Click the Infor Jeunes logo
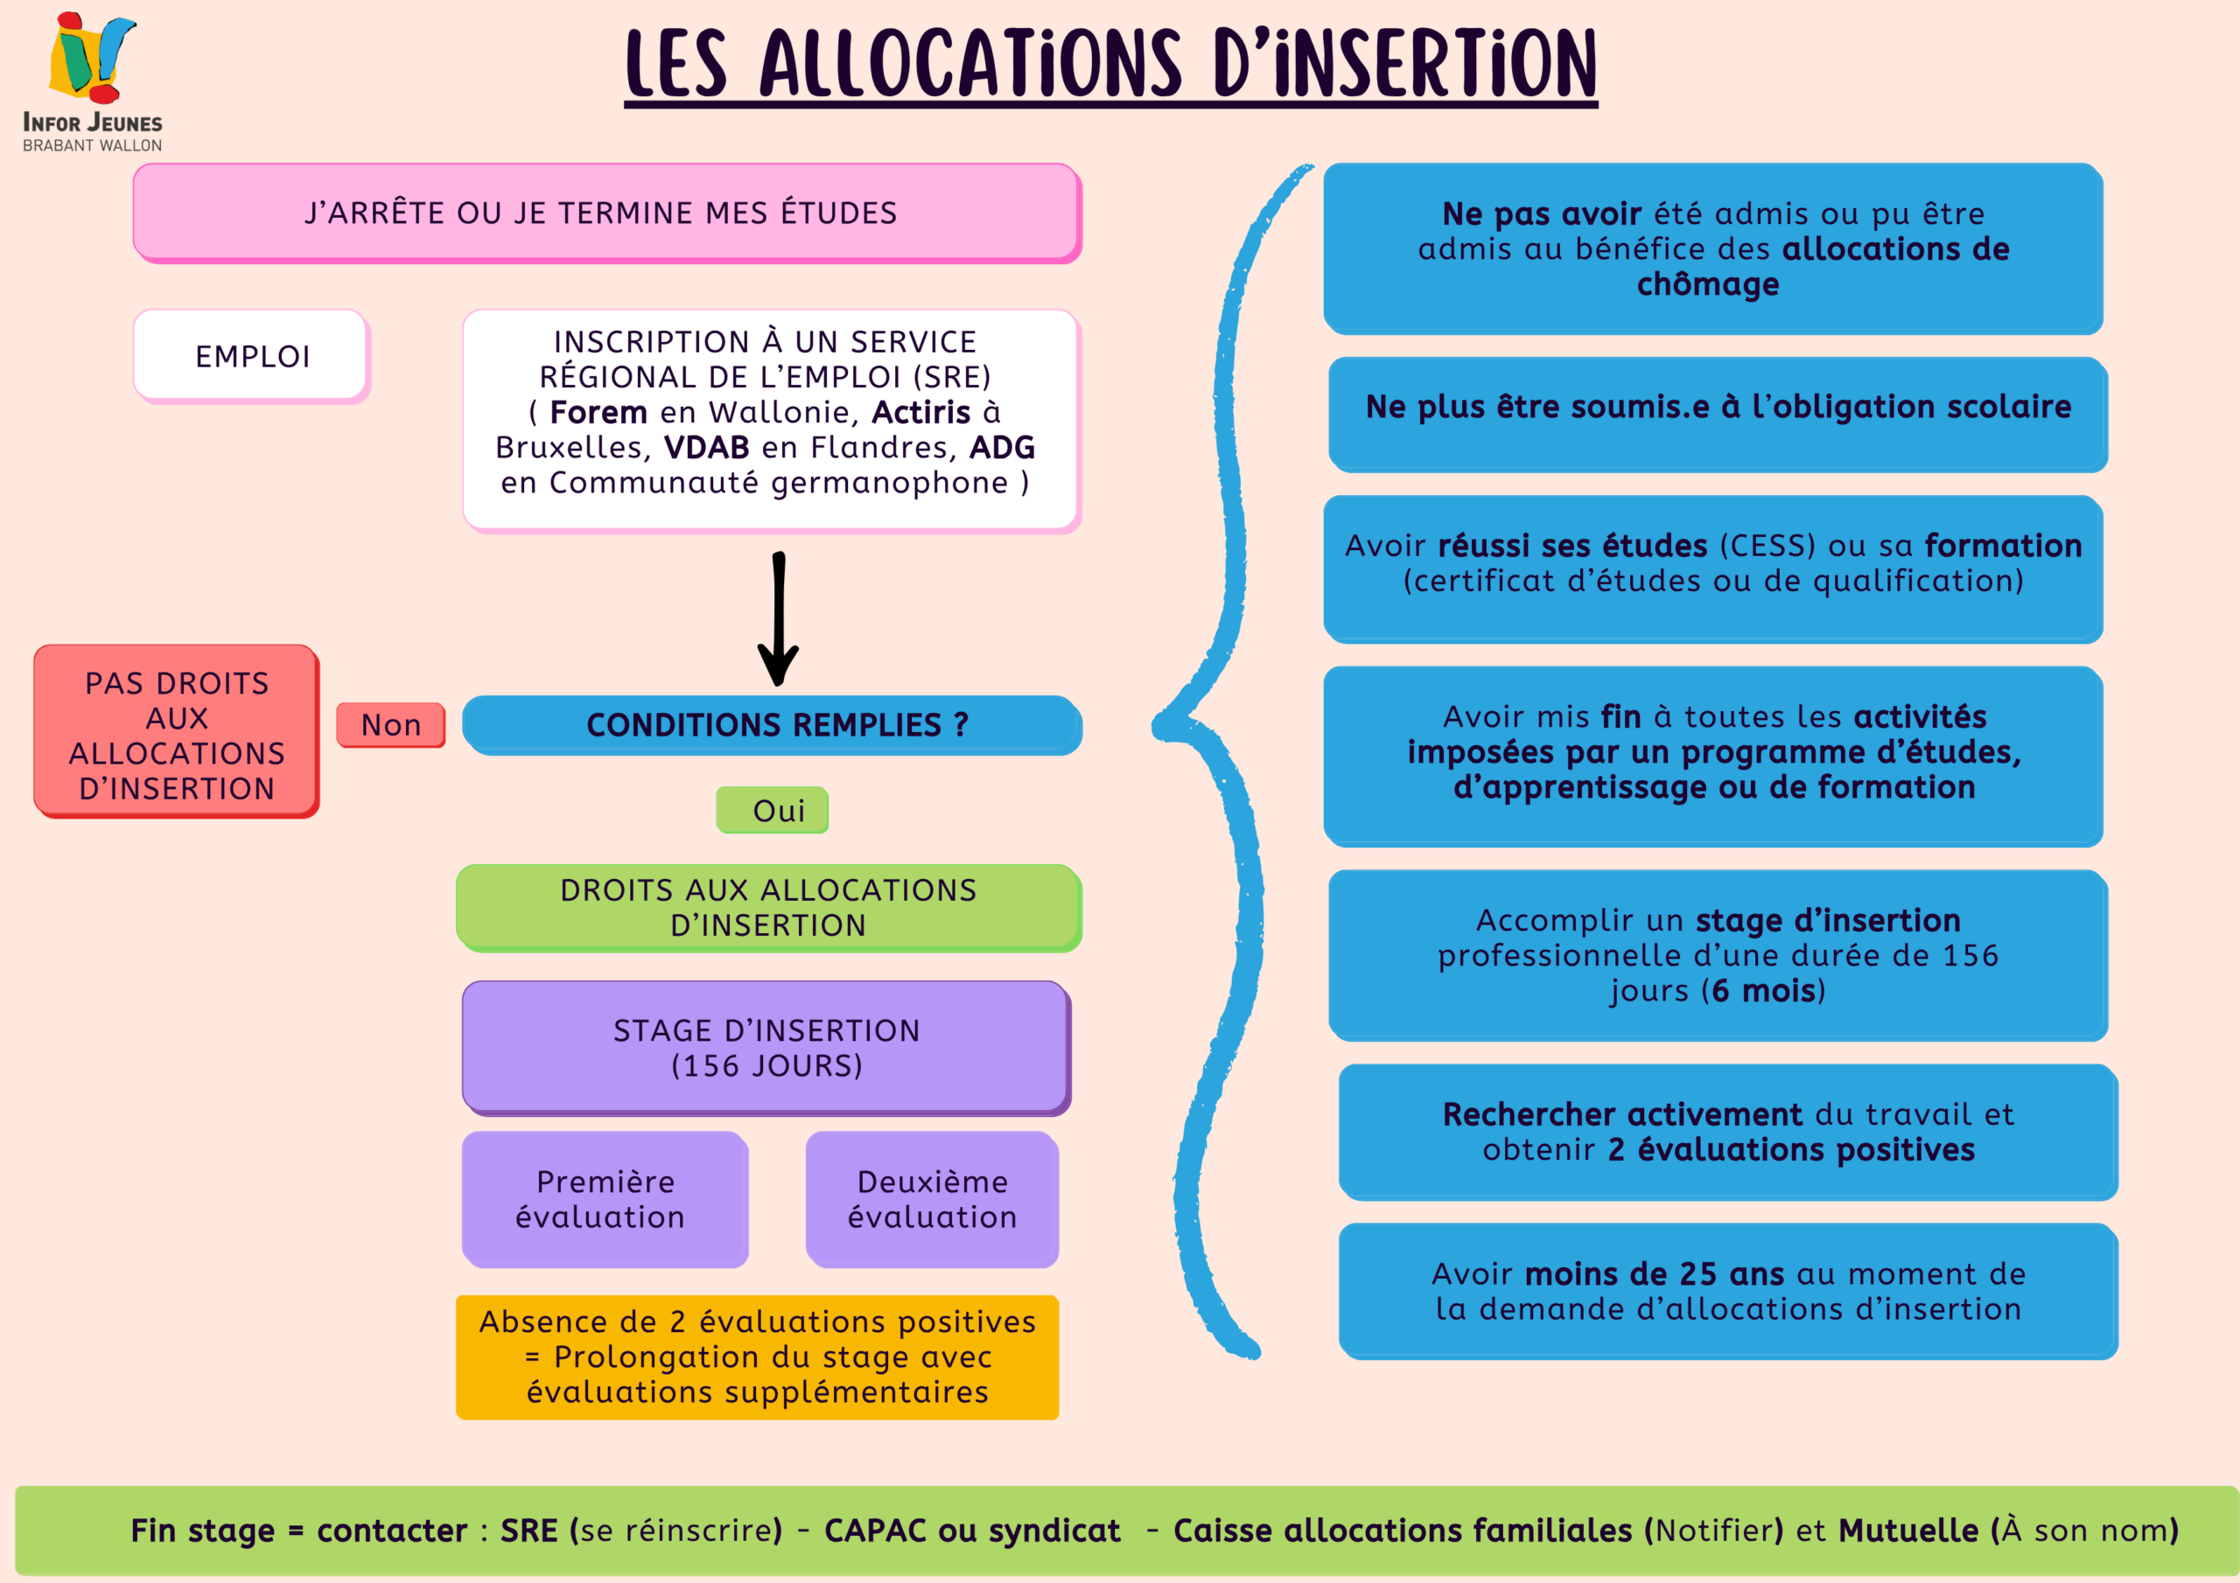93,82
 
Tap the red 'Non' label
390,725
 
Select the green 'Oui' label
773,810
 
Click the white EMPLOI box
252,356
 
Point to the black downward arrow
779,619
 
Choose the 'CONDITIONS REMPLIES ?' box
773,725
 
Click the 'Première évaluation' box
605,1199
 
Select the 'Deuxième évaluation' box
932,1199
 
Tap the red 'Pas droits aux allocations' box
177,731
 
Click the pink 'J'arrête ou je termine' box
607,213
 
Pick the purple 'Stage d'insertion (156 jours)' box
766,1048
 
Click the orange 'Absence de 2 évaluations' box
757,1356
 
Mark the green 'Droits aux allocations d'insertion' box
769,907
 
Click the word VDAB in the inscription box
706,447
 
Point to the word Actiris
921,412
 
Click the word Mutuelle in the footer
1908,1530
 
